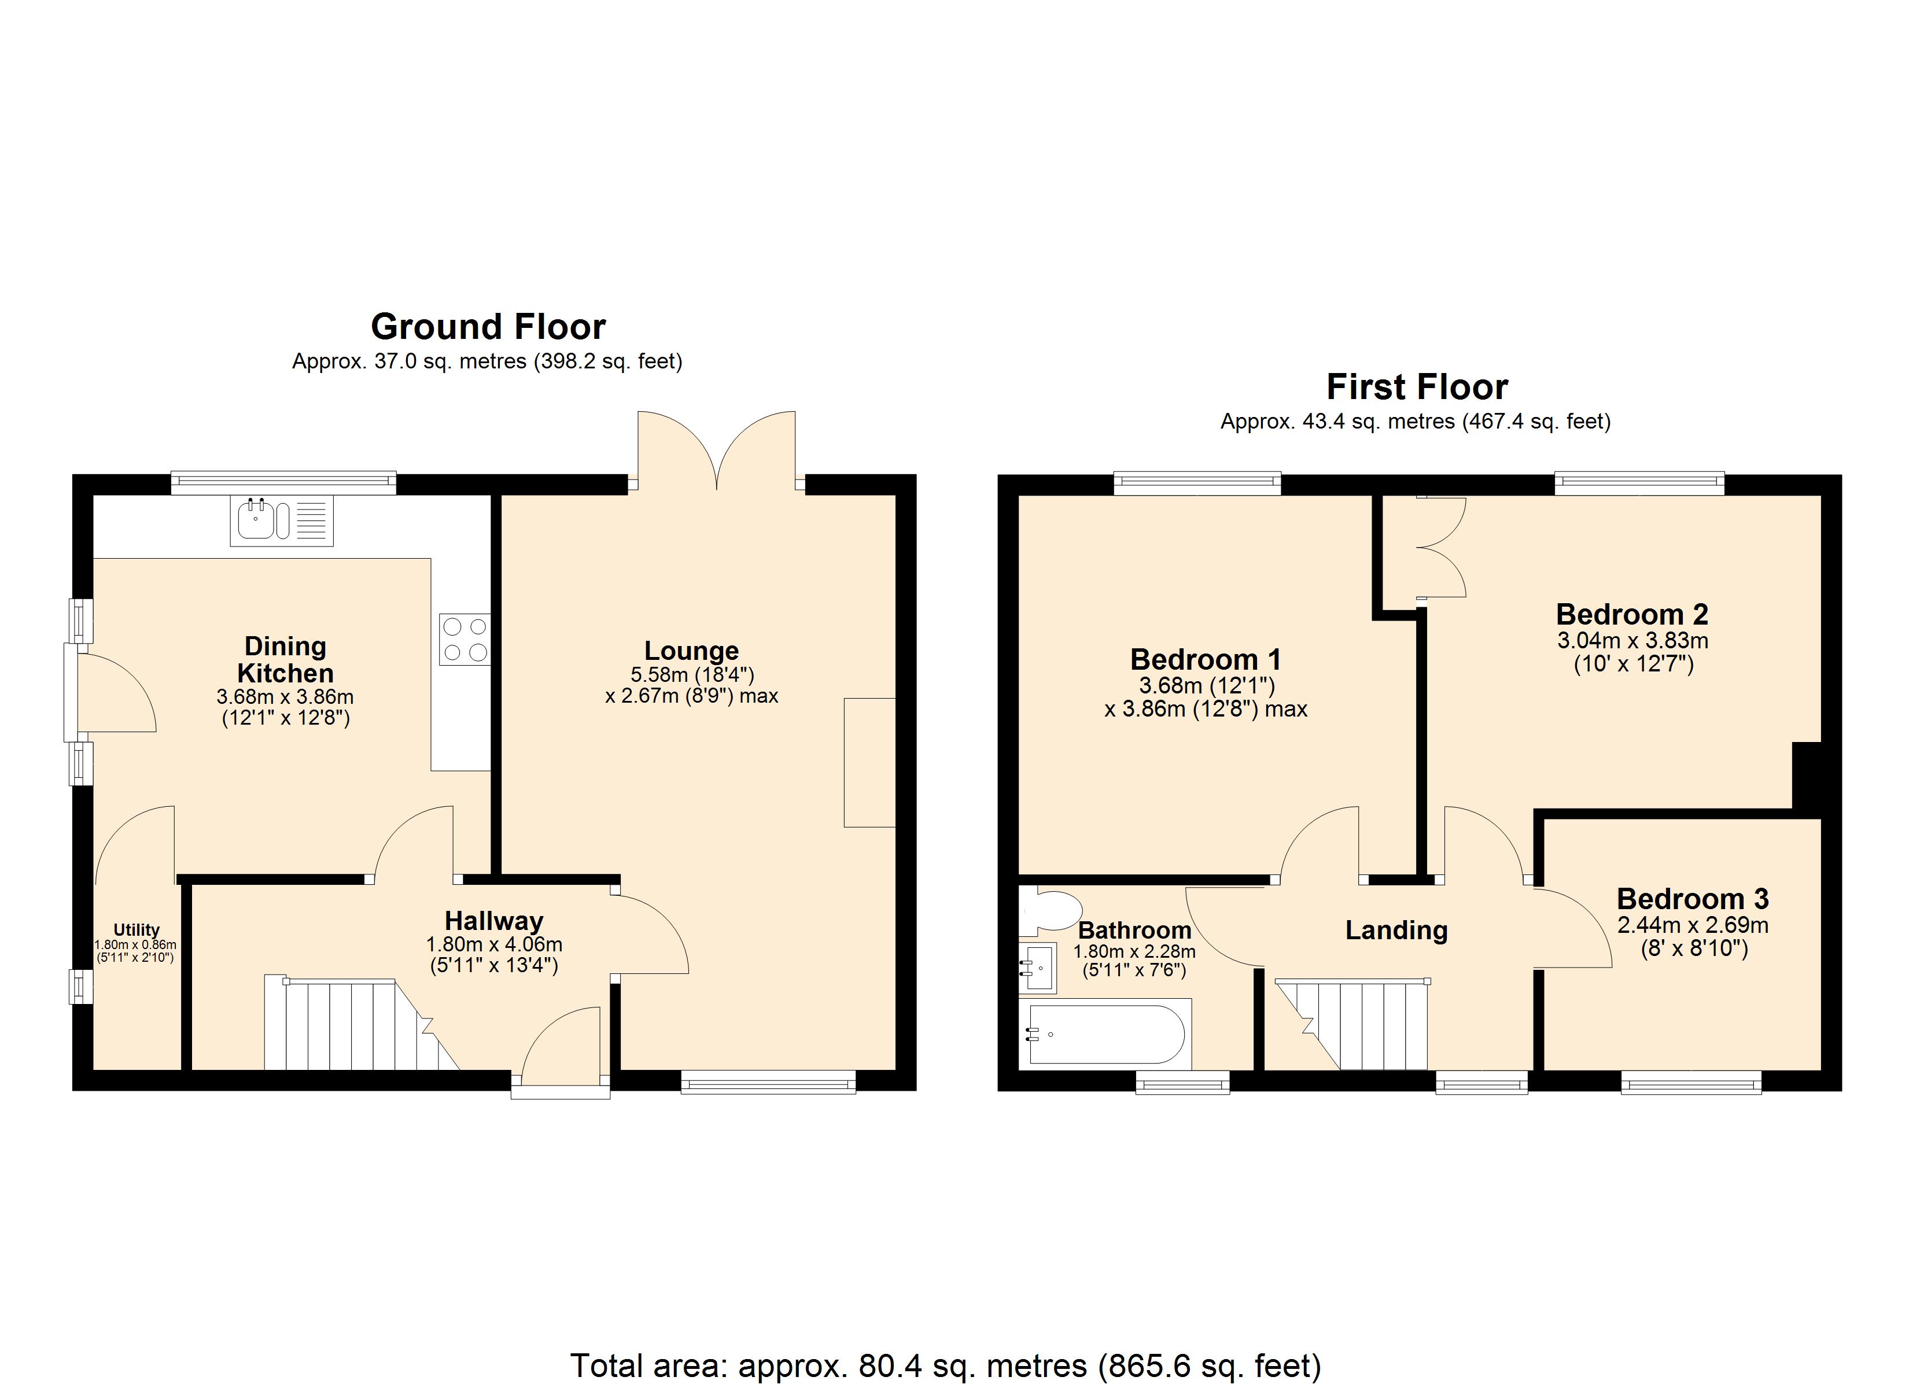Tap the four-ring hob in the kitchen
click(x=465, y=639)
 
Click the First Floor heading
click(x=1417, y=387)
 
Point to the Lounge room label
click(x=691, y=651)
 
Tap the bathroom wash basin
click(x=1037, y=968)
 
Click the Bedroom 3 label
click(x=1692, y=899)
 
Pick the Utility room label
click(x=137, y=930)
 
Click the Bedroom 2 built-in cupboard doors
click(x=1441, y=547)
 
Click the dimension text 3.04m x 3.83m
click(x=1632, y=641)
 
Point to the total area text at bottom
click(x=945, y=1365)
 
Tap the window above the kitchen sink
click(x=283, y=482)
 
